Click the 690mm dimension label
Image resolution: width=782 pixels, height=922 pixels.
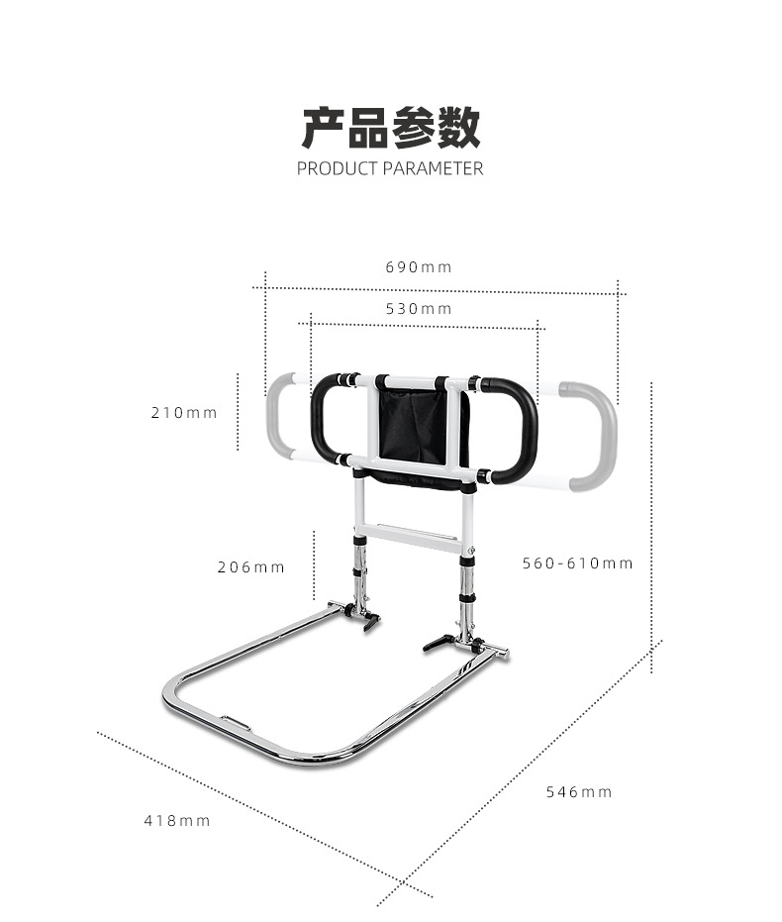pos(418,267)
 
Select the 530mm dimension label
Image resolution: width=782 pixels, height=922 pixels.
pos(418,309)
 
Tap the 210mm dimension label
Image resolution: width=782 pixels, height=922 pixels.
pos(184,413)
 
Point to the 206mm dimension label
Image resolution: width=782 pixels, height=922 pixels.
pos(251,567)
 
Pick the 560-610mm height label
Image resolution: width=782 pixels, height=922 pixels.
pos(577,563)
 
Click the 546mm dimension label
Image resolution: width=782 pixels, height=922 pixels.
pos(579,792)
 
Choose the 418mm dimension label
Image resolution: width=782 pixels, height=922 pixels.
pos(178,821)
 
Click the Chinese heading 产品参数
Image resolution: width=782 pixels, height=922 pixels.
pos(391,128)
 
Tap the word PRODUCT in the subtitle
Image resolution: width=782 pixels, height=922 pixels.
pos(337,168)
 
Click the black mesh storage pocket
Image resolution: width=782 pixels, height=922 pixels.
pos(413,426)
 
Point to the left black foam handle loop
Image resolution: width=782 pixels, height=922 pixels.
pos(324,421)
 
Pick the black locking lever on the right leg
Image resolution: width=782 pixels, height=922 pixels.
pos(437,644)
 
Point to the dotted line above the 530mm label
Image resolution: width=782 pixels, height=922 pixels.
pos(424,324)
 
